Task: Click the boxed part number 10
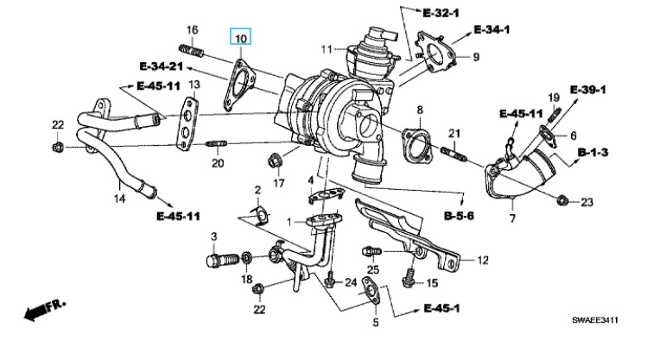click(241, 39)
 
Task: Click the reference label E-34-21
click(161, 66)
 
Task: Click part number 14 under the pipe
click(120, 199)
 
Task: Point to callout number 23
click(587, 203)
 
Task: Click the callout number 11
click(327, 47)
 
